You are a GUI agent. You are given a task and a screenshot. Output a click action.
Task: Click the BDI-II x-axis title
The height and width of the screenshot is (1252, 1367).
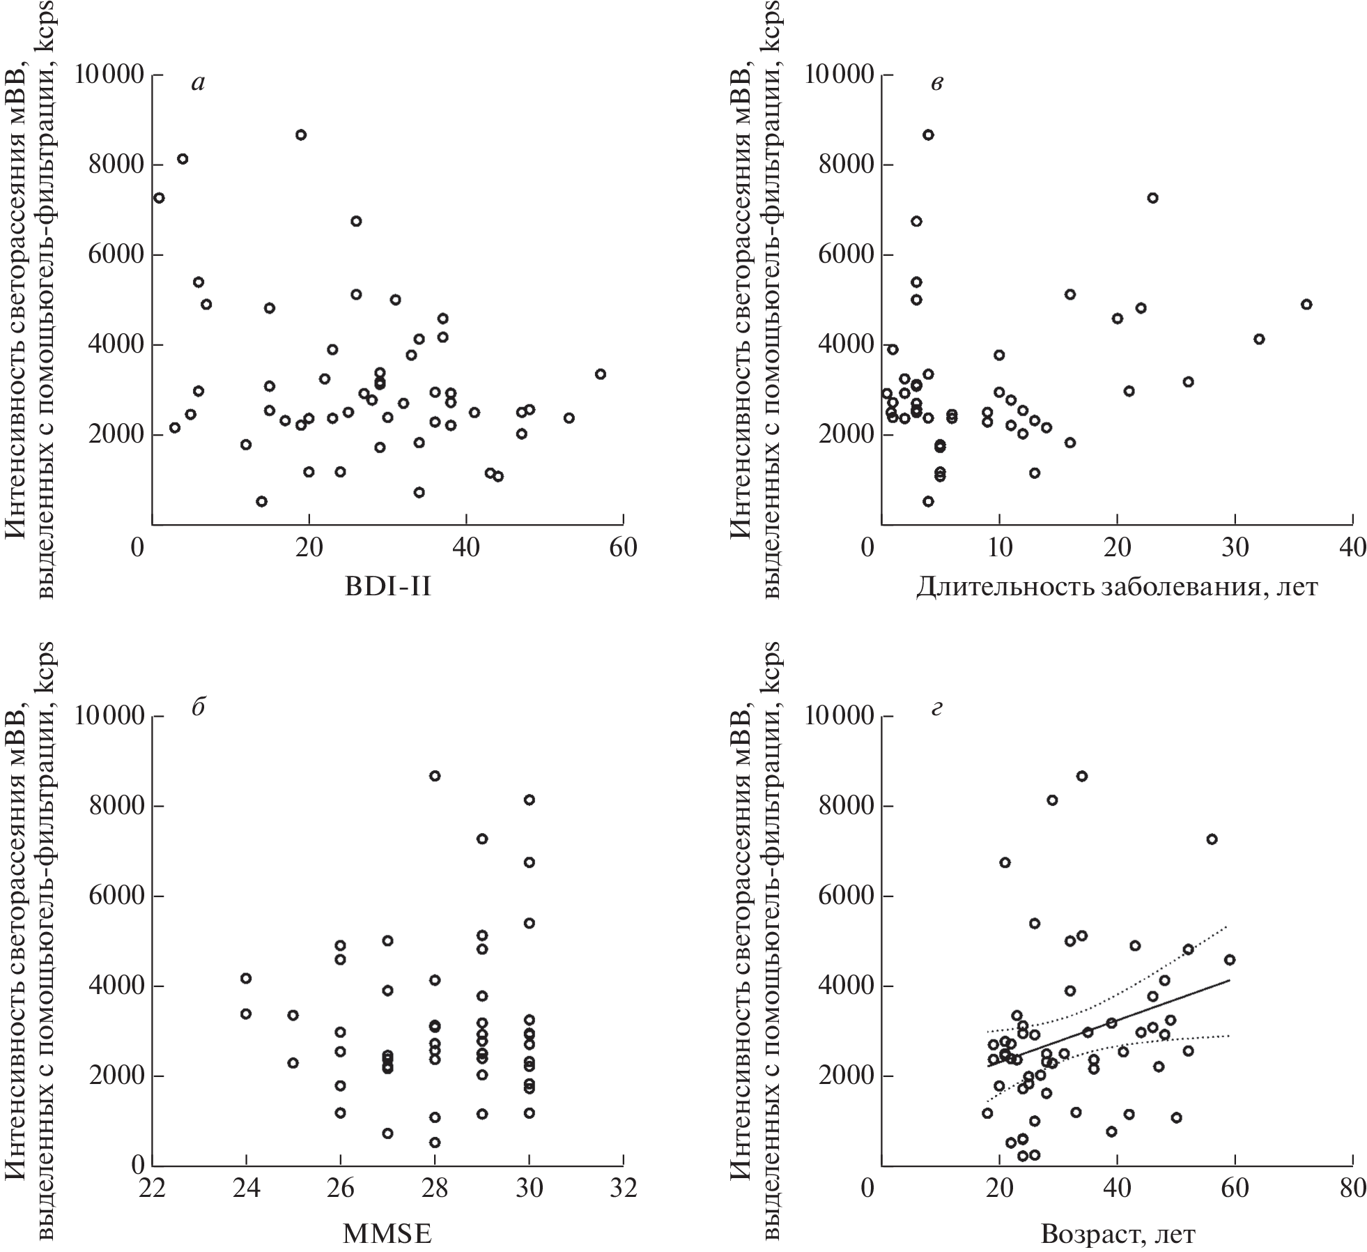(388, 587)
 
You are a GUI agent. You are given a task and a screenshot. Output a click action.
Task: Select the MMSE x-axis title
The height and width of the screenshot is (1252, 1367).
(387, 1234)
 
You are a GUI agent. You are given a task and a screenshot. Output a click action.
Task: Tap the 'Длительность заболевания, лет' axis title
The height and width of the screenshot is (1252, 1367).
(1116, 587)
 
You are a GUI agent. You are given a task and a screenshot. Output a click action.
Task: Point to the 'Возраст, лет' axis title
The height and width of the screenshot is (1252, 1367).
(1118, 1234)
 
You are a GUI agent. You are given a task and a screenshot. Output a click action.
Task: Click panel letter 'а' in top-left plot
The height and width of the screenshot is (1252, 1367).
(199, 83)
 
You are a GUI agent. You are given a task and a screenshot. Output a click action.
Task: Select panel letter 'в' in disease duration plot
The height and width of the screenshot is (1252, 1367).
(937, 83)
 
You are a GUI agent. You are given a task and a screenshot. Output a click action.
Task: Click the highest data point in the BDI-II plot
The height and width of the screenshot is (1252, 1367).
(301, 135)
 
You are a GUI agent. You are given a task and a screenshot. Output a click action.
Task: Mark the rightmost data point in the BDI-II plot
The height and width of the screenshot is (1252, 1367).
(601, 374)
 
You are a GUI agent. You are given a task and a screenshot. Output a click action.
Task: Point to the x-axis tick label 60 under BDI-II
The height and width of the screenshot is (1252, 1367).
(622, 548)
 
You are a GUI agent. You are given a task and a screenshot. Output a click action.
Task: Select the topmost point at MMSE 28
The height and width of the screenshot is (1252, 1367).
(435, 776)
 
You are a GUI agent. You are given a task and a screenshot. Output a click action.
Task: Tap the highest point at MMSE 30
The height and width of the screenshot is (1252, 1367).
(530, 800)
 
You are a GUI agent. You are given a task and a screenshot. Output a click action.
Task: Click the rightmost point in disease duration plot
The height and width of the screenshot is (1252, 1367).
(1306, 305)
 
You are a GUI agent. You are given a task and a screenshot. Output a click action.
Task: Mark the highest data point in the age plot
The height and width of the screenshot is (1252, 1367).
(1082, 776)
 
